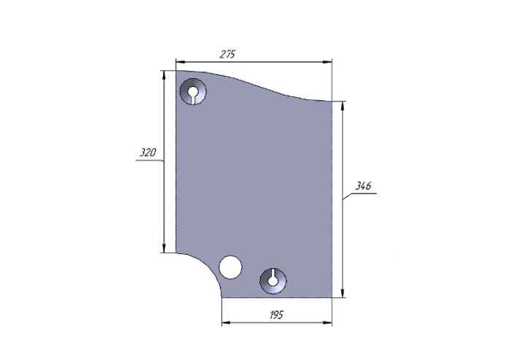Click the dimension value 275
(227, 54)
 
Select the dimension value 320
(148, 153)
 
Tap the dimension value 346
(363, 185)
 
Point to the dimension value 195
(276, 315)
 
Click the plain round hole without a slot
(231, 267)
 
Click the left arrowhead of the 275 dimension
(180, 62)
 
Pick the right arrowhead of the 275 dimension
(328, 62)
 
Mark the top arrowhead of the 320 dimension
(164, 74)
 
